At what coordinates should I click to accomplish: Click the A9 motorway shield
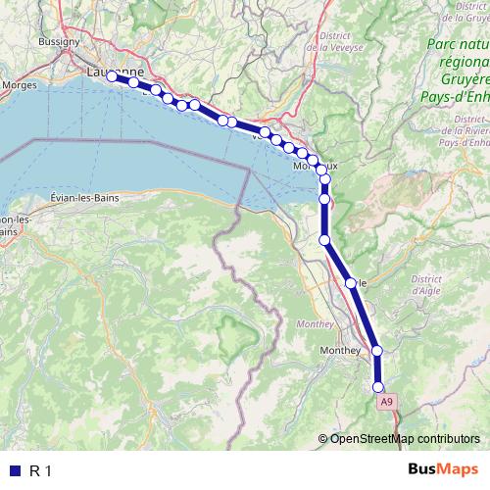(386, 401)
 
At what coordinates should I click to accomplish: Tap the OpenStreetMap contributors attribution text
(405, 438)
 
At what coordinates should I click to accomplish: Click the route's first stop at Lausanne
(111, 75)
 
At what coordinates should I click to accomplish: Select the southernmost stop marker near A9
(378, 387)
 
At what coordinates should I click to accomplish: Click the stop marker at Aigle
(351, 282)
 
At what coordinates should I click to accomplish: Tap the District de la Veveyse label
(334, 40)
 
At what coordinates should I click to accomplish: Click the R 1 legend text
(40, 470)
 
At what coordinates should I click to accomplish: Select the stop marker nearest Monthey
(376, 350)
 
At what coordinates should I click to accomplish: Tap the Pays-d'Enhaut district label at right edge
(465, 141)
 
